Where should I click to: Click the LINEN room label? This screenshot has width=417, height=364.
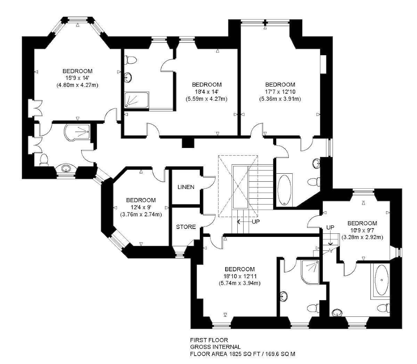pos(186,187)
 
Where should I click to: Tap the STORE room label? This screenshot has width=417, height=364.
pos(186,227)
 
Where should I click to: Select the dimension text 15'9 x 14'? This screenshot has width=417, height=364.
pos(77,78)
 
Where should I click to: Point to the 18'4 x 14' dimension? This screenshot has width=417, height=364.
pos(206,92)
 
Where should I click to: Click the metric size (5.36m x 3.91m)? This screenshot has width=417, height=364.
pos(280,99)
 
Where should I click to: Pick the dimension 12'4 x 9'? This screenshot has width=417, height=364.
pos(141,207)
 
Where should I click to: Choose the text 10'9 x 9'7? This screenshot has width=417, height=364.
pos(362,230)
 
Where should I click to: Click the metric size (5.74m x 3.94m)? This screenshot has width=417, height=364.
pos(239,283)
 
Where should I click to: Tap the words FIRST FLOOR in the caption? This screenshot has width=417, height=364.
pos(209,340)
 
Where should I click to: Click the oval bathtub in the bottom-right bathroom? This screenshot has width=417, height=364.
pos(382,280)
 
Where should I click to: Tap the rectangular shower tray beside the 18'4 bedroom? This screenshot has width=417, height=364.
pos(137,100)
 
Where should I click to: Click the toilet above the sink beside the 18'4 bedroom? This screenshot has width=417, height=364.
pos(130,60)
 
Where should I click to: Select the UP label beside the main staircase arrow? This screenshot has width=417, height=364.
pos(256,222)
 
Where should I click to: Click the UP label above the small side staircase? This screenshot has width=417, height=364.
pos(330,227)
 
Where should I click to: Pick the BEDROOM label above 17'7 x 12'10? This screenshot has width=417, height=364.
pos(280,84)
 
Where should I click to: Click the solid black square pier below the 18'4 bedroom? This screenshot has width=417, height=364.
pos(188,143)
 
